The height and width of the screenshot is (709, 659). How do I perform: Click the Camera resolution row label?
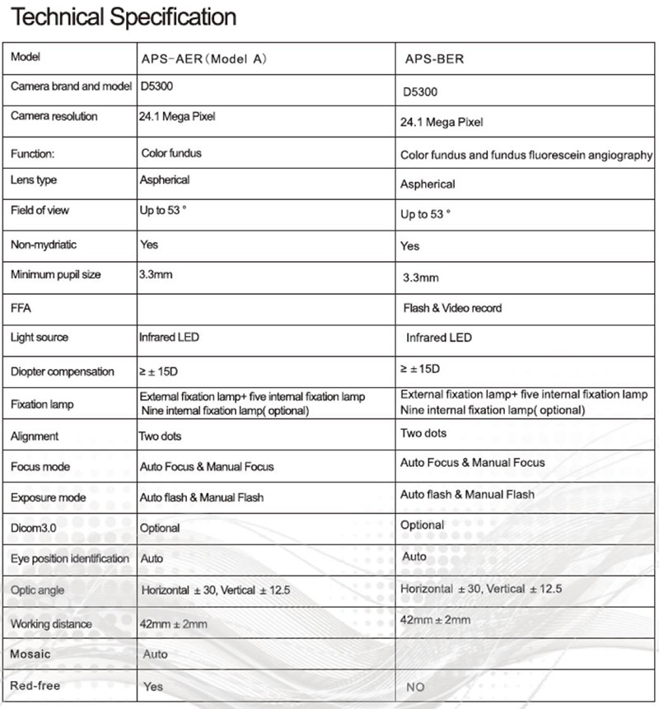click(54, 116)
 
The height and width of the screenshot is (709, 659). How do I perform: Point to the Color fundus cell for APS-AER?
click(171, 153)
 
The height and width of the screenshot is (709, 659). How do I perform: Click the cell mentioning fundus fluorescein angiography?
click(526, 155)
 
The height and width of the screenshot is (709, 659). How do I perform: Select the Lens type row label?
click(34, 180)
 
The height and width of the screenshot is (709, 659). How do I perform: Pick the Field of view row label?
click(40, 210)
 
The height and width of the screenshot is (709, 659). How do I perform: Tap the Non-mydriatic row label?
click(43, 245)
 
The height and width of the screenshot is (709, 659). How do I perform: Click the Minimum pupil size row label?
click(55, 274)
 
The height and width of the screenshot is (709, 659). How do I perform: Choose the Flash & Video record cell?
click(451, 308)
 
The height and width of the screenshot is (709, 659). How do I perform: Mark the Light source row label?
click(40, 338)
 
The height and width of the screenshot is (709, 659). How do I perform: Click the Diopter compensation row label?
click(63, 371)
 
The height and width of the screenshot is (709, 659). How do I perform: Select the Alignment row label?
click(35, 436)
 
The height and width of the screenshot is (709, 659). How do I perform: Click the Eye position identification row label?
click(70, 559)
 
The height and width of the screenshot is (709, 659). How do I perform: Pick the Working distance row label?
click(51, 623)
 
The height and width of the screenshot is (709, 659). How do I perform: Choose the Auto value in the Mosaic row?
click(155, 655)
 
